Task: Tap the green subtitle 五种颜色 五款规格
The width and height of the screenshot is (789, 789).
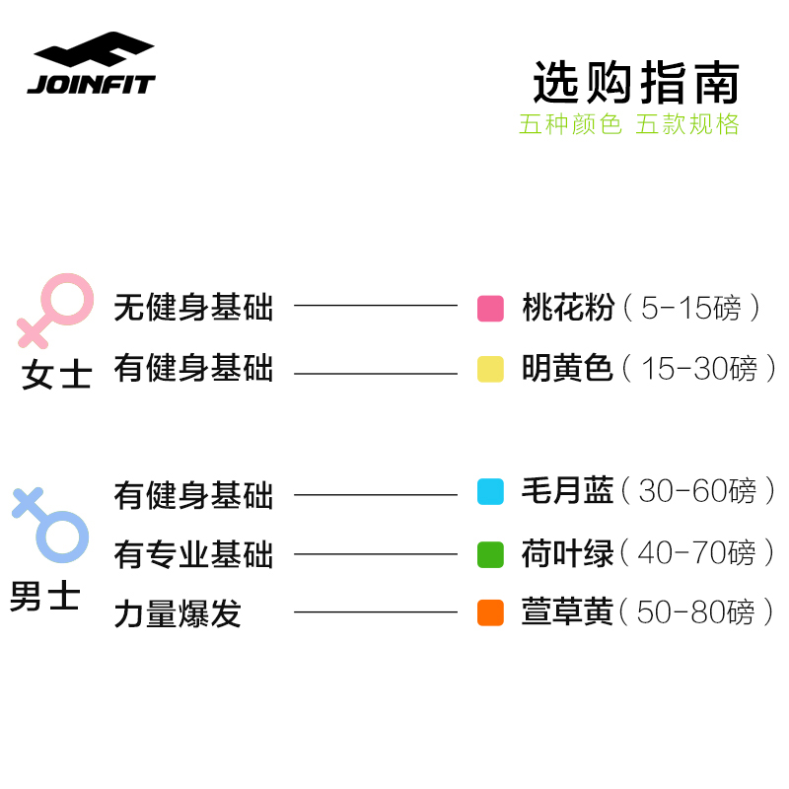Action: [629, 125]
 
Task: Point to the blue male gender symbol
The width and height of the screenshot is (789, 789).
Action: [51, 523]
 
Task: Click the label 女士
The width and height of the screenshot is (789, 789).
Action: [56, 376]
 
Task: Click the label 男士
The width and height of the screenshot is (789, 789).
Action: [45, 597]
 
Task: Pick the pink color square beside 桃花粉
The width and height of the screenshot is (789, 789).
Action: [490, 309]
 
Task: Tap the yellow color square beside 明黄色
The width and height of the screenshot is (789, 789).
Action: [490, 370]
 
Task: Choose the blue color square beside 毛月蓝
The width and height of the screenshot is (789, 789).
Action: [490, 491]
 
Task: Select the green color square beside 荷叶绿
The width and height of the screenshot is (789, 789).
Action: [490, 554]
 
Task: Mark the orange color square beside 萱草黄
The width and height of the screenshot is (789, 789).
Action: [490, 612]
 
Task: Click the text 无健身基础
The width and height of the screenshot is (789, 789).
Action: [193, 308]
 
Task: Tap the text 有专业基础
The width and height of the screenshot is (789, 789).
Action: [193, 554]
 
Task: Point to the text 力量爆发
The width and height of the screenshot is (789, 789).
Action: [178, 614]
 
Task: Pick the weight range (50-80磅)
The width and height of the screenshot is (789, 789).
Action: [699, 612]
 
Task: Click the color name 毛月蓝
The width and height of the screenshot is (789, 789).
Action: [567, 491]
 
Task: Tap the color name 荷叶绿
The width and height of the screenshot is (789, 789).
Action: [567, 553]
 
